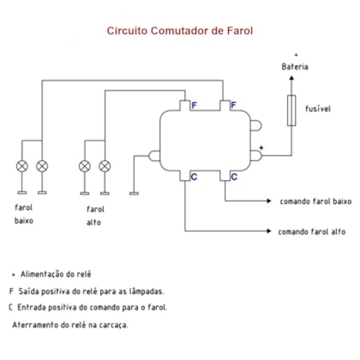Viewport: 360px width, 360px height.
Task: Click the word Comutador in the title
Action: [180, 31]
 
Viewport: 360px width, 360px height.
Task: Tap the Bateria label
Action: [295, 67]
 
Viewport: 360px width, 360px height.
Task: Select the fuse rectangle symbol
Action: [291, 111]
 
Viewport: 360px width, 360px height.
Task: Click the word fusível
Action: [318, 109]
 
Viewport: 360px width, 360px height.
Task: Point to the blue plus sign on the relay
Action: [261, 147]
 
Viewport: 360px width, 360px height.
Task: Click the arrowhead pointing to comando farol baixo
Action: [269, 201]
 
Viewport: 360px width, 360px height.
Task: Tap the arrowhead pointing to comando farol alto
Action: [269, 231]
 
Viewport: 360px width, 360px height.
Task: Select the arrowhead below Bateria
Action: [291, 78]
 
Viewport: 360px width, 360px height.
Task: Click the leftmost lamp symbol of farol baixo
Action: [22, 166]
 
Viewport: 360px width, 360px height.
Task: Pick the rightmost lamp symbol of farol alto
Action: [105, 166]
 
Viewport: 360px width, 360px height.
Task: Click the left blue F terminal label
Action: [194, 105]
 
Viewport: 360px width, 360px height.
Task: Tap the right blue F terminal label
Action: [233, 105]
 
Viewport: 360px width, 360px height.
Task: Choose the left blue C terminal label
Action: [194, 177]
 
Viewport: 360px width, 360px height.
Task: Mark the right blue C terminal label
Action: [234, 177]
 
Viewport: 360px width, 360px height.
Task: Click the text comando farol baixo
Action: [315, 201]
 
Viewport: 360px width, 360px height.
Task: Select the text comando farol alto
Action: [312, 231]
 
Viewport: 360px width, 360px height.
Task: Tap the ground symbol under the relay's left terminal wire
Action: [134, 194]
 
